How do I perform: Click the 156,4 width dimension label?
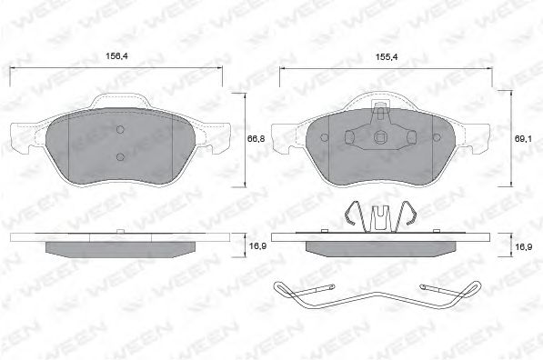click(x=116, y=56)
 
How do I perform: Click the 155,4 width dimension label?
click(x=387, y=57)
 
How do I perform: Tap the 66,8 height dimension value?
click(x=256, y=139)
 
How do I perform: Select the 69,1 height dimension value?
click(x=523, y=139)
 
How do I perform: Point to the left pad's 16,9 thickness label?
click(x=257, y=246)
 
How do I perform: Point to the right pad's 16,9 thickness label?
click(x=524, y=247)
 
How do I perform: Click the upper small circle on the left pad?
click(x=120, y=130)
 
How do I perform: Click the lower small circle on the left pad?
click(x=120, y=157)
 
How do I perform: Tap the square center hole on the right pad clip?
click(x=379, y=138)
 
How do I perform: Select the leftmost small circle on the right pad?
click(x=325, y=138)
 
